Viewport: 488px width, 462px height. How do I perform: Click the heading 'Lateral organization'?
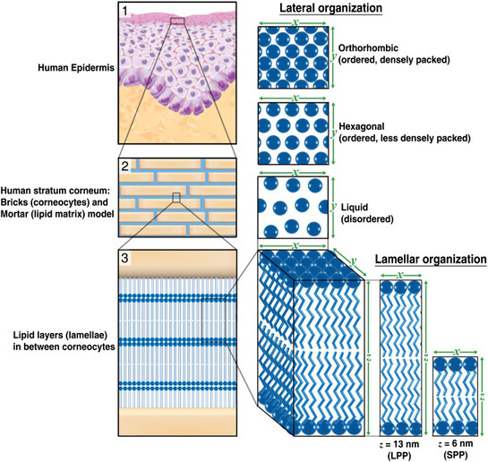pyautogui.click(x=330, y=8)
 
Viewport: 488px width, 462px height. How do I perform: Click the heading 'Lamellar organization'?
pyautogui.click(x=431, y=259)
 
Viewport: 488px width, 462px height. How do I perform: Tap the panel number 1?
pyautogui.click(x=125, y=11)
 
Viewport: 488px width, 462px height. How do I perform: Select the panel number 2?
pyautogui.click(x=125, y=167)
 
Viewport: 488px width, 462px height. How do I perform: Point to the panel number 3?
pyautogui.click(x=124, y=258)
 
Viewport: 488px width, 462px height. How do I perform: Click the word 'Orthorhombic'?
pyautogui.click(x=368, y=48)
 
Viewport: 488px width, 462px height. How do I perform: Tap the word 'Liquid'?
pyautogui.click(x=355, y=207)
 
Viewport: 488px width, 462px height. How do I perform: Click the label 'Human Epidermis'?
pyautogui.click(x=76, y=68)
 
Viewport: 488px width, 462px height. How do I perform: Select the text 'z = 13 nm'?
pyautogui.click(x=399, y=444)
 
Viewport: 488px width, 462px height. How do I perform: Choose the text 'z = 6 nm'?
pyautogui.click(x=456, y=443)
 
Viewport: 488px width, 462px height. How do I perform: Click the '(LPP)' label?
pyautogui.click(x=399, y=456)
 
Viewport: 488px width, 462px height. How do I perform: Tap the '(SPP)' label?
pyautogui.click(x=456, y=456)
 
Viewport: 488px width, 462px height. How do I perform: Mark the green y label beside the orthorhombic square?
pyautogui.click(x=333, y=56)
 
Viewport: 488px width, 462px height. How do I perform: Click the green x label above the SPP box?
pyautogui.click(x=457, y=352)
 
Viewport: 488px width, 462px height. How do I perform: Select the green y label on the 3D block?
pyautogui.click(x=353, y=261)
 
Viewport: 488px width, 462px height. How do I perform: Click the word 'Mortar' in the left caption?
pyautogui.click(x=16, y=214)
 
